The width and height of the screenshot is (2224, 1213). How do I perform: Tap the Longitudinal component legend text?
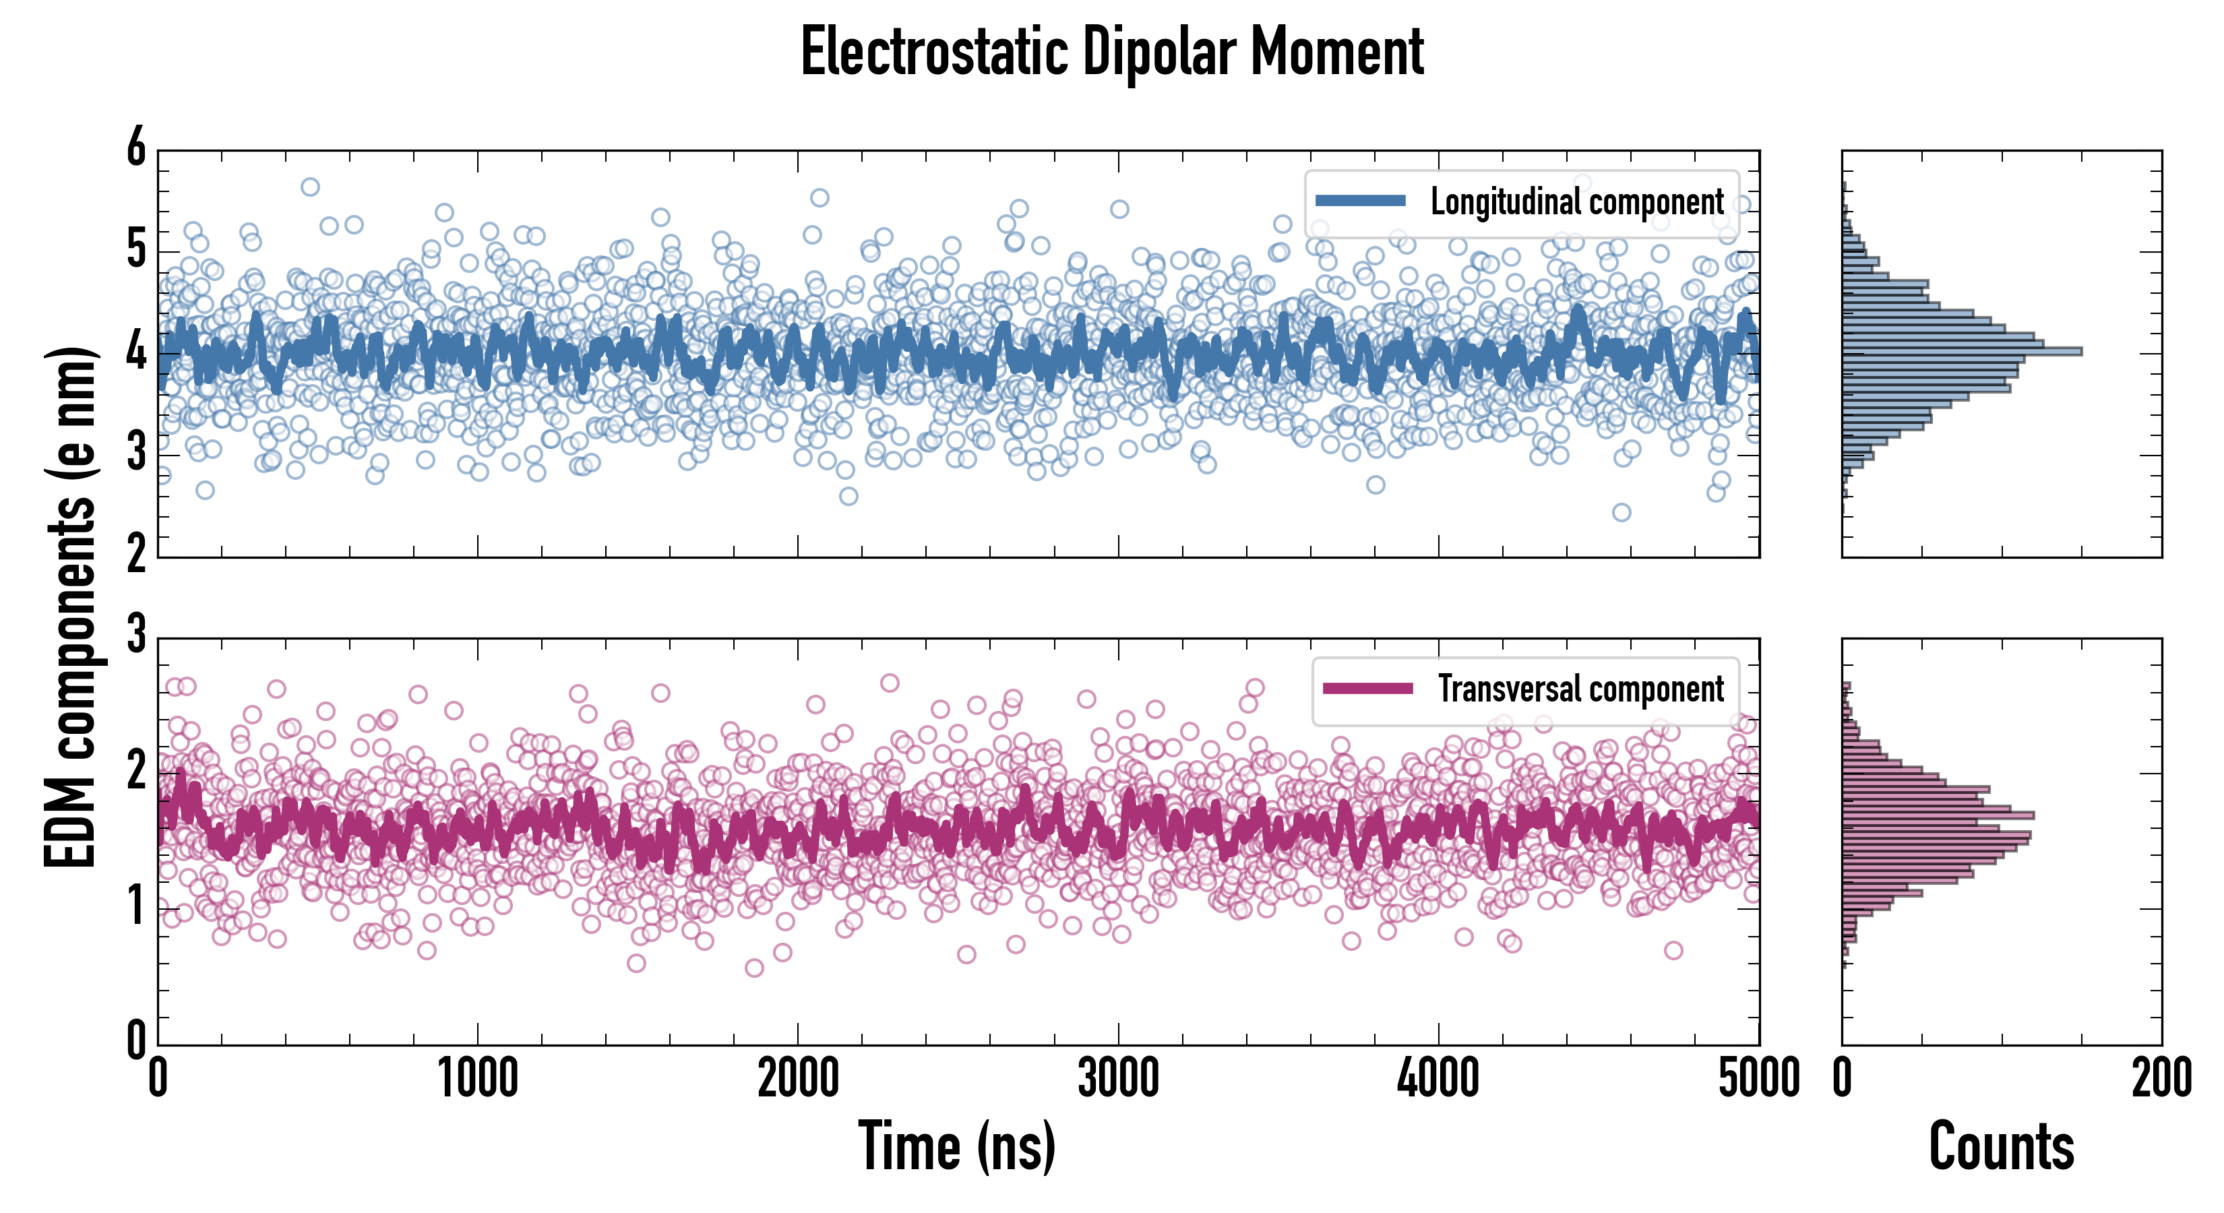pyautogui.click(x=1576, y=202)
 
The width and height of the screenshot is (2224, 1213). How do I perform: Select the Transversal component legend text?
pyautogui.click(x=1581, y=689)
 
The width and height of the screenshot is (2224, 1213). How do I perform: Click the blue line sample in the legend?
pyautogui.click(x=1361, y=200)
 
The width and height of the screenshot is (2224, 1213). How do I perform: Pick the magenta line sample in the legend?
pyautogui.click(x=1367, y=688)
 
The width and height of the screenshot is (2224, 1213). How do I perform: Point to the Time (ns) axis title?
pyautogui.click(x=956, y=1146)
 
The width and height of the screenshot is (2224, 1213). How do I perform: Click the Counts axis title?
pyautogui.click(x=2001, y=1146)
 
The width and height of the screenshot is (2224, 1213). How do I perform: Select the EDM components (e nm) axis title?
pyautogui.click(x=71, y=608)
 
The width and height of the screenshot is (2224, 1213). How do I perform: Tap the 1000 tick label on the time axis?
pyautogui.click(x=477, y=1079)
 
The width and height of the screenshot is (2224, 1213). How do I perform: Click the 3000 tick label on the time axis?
pyautogui.click(x=1118, y=1079)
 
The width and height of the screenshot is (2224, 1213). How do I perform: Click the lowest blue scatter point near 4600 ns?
pyautogui.click(x=1621, y=513)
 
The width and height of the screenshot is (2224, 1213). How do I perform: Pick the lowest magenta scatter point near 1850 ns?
pyautogui.click(x=753, y=968)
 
